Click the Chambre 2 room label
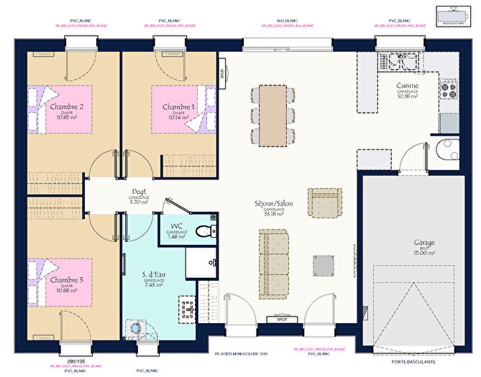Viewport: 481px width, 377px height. point(65,107)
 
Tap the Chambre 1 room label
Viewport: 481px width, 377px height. point(178,107)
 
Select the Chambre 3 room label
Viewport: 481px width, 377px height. point(65,279)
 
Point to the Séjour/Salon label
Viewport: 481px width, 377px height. point(273,204)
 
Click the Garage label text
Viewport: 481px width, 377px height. point(424,243)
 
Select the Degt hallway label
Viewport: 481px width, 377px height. point(139,192)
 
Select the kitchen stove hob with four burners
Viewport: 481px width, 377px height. point(449,89)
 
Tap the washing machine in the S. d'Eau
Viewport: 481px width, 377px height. point(134,327)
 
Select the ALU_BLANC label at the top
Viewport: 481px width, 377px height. point(287,21)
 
